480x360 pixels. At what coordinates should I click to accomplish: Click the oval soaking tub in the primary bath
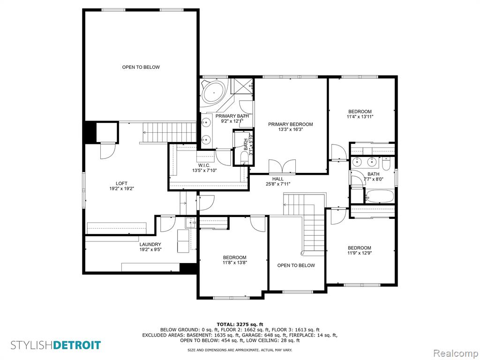[214, 91]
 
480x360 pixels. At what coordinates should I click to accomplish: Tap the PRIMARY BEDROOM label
[291, 124]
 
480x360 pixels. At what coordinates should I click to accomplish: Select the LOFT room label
[121, 184]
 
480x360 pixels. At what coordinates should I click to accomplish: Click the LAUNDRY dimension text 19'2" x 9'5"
[150, 249]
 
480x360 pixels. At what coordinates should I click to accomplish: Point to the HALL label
[278, 179]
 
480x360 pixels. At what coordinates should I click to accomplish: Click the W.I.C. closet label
[204, 165]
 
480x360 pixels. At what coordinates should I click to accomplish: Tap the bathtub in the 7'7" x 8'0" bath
[380, 196]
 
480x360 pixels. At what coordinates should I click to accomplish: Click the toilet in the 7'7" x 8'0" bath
[386, 164]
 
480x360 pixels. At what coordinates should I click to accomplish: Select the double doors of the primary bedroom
[282, 167]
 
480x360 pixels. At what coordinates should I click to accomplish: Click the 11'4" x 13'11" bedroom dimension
[360, 117]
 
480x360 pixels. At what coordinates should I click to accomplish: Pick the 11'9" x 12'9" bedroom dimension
[360, 253]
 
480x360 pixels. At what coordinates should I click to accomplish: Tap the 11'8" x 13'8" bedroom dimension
[235, 262]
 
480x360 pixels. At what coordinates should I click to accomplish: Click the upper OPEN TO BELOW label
[141, 67]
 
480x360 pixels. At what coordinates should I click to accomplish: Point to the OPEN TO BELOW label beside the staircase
[296, 265]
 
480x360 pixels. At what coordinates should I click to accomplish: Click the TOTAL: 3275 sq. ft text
[240, 324]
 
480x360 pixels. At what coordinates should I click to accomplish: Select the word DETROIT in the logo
[77, 345]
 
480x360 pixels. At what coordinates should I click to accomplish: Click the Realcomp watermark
[455, 353]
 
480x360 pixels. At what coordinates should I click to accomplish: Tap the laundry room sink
[190, 223]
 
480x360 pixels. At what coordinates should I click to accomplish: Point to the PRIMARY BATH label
[232, 116]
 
